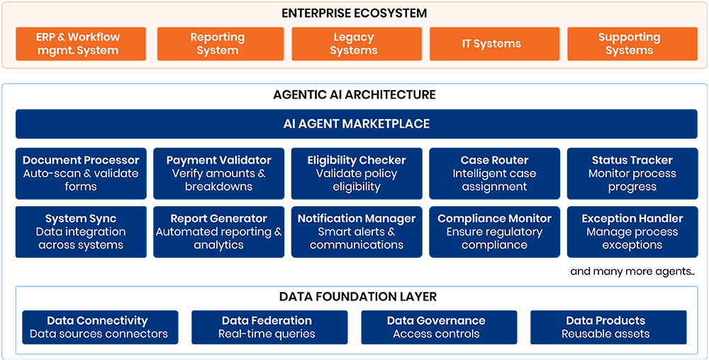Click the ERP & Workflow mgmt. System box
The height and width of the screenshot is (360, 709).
pos(81,44)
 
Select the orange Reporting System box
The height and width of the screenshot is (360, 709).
pos(220,44)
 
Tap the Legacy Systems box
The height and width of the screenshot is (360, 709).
pos(357,44)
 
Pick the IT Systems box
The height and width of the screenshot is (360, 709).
pos(494,44)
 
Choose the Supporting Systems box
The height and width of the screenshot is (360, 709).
pos(632,44)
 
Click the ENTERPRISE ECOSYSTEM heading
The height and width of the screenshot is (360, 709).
pos(354,13)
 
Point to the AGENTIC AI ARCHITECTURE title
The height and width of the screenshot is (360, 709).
pos(354,94)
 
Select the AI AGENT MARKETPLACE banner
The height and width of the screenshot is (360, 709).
pos(357,124)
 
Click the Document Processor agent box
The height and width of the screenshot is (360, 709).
pos(81,174)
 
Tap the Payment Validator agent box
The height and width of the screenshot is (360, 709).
pos(219,174)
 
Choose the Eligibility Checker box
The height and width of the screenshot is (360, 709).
pos(357,174)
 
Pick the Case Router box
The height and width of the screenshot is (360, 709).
pos(495,174)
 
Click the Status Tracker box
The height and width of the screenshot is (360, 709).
pos(632,174)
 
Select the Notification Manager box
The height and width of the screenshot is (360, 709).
pos(357,232)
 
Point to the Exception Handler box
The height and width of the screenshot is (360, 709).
pos(632,232)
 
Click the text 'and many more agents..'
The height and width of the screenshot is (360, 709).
pos(632,271)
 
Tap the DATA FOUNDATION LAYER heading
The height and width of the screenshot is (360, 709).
pos(357,297)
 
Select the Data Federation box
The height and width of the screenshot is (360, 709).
pos(269,327)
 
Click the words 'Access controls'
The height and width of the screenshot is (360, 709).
pos(436,334)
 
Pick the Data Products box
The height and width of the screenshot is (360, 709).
pos(608,327)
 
